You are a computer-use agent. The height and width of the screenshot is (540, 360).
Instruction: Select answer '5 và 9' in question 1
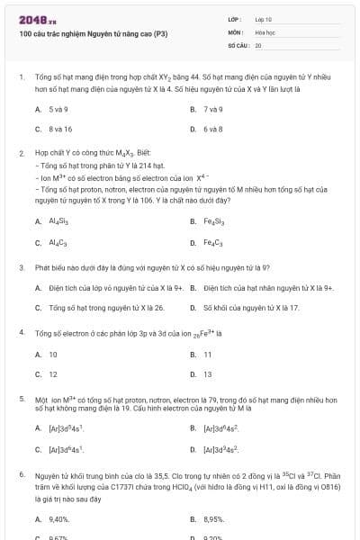click(58, 109)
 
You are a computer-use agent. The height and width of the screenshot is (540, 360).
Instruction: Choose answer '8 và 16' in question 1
click(60, 129)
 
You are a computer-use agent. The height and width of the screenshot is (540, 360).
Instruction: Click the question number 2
click(21, 153)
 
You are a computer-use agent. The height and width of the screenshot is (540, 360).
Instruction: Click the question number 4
click(21, 332)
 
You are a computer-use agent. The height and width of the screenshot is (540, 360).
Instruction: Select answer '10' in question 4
click(53, 355)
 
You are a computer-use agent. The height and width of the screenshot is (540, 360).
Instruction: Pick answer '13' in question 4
click(208, 374)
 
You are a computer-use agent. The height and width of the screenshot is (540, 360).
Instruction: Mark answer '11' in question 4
click(208, 355)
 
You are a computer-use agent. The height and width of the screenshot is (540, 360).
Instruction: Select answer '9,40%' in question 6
click(59, 519)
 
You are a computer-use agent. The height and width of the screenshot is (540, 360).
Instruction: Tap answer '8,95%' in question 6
click(213, 519)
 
